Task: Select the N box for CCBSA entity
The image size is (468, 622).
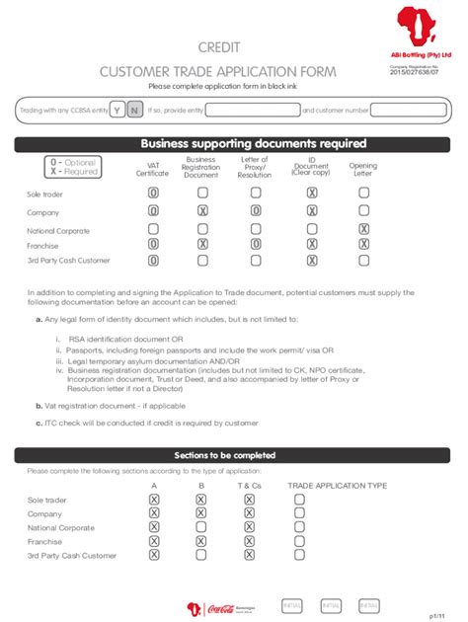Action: [x=133, y=110]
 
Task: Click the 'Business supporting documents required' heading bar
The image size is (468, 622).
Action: [x=233, y=143]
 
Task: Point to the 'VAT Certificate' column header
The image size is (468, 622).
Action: [x=153, y=170]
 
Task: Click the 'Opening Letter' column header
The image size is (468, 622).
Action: [x=363, y=170]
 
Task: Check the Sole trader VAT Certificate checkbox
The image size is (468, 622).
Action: [x=153, y=194]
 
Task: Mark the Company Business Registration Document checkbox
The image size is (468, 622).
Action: [x=201, y=210]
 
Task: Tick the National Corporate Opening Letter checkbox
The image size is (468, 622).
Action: [x=363, y=229]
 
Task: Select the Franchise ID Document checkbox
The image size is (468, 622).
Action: [x=312, y=244]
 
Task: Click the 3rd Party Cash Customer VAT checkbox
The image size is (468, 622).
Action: [x=153, y=261]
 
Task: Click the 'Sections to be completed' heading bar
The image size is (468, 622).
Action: [x=233, y=455]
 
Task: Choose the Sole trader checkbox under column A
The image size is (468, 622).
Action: [x=153, y=500]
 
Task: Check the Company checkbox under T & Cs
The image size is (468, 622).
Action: [x=249, y=513]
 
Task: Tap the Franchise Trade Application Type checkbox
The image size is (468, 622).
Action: [x=299, y=541]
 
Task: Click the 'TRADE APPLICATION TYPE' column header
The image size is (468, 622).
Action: [x=337, y=486]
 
